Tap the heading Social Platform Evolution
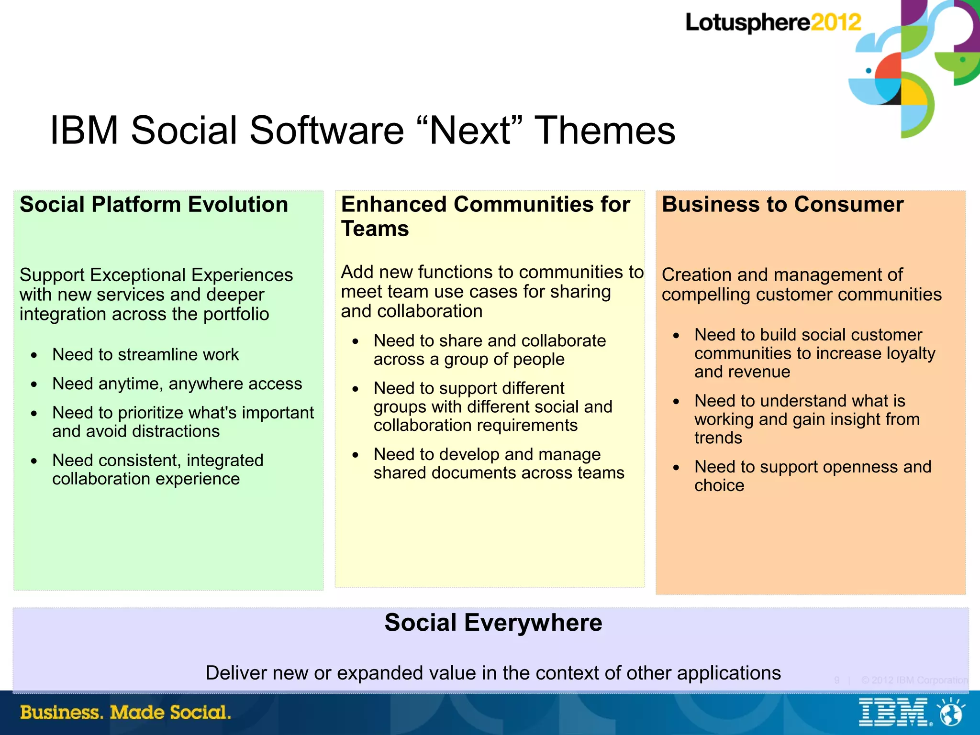coord(154,205)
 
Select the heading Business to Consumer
coord(782,205)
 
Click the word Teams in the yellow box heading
coord(375,229)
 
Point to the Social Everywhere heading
coord(493,623)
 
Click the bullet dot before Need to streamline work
coord(34,355)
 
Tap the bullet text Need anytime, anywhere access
coord(177,384)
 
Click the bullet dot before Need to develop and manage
coord(355,455)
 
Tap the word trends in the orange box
coord(718,438)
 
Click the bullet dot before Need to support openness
coord(676,467)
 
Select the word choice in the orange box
coord(719,485)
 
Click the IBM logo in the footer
coord(893,713)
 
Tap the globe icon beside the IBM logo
coord(950,713)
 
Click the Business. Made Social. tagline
coord(125,713)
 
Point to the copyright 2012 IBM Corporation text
coord(914,680)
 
